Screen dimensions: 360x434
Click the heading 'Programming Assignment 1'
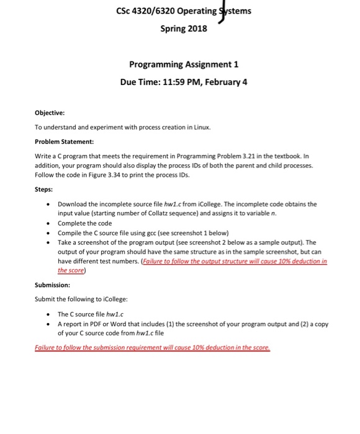coord(183,64)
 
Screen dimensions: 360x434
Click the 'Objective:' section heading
coord(50,113)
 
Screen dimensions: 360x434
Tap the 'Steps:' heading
coord(44,189)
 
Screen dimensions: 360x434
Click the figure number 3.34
coord(120,174)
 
